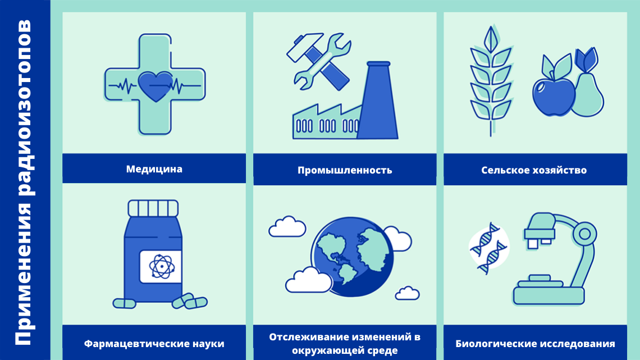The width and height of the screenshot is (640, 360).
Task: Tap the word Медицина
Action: (x=154, y=169)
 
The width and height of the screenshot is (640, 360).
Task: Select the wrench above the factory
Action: (x=322, y=61)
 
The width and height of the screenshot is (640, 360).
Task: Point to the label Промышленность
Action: (x=345, y=170)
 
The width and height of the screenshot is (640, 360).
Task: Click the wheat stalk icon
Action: (x=491, y=80)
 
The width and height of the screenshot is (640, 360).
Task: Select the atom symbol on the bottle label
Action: (x=162, y=267)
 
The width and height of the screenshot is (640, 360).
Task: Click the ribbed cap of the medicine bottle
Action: (x=153, y=208)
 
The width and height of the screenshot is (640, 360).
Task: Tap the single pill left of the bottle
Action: (x=124, y=303)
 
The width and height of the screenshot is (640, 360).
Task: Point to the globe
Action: (x=352, y=257)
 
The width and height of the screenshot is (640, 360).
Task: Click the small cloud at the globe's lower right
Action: (x=407, y=294)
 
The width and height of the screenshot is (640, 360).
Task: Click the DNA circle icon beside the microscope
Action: (x=489, y=248)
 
